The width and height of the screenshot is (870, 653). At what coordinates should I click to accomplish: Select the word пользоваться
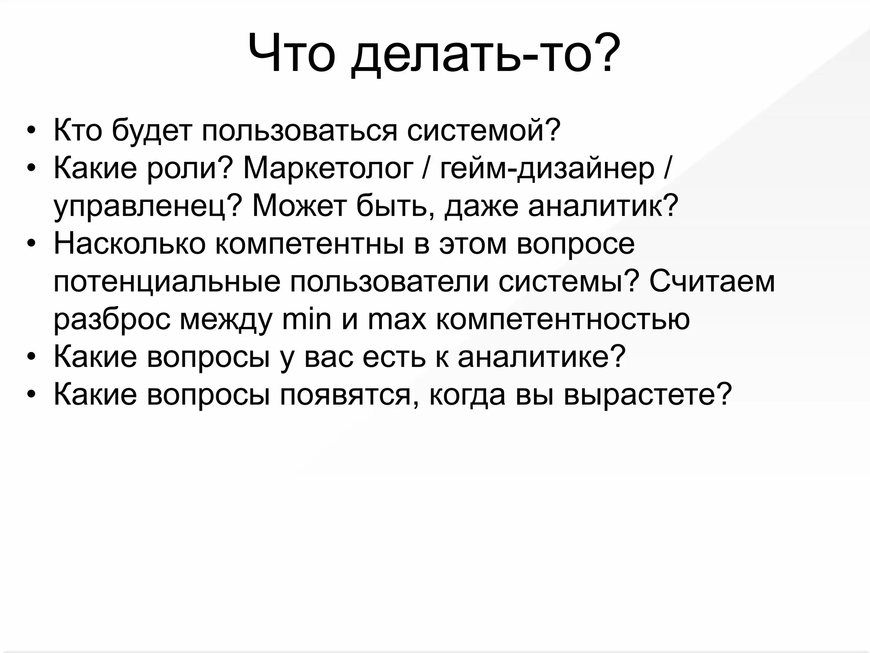[x=299, y=131]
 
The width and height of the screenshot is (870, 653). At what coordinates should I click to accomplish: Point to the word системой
[x=484, y=131]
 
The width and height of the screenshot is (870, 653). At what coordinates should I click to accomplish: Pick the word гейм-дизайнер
[x=547, y=169]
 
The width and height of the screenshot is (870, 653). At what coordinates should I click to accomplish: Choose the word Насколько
[x=130, y=244]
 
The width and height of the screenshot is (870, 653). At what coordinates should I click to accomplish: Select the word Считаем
[x=712, y=281]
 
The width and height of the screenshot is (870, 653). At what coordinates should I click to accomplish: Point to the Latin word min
[x=306, y=319]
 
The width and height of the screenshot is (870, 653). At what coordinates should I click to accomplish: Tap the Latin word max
[x=397, y=319]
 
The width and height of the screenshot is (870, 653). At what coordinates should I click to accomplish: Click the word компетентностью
[x=563, y=319]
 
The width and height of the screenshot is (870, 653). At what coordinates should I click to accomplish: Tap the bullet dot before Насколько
[x=31, y=245]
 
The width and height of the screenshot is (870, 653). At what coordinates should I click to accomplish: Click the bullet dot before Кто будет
[x=31, y=131]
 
